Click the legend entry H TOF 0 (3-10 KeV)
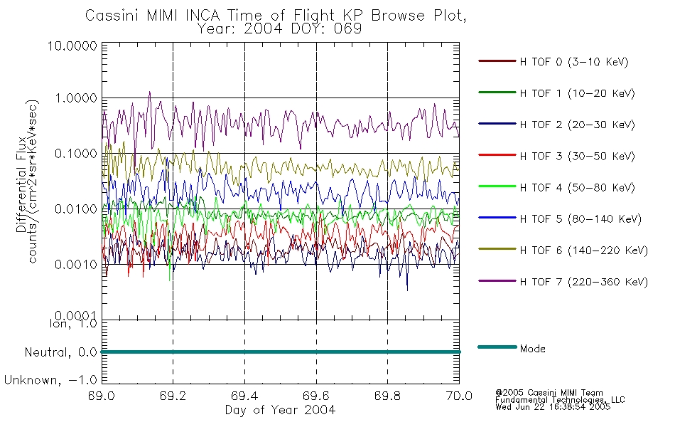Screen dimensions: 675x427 pos(574,62)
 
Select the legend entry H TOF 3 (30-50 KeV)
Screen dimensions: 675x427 pos(577,156)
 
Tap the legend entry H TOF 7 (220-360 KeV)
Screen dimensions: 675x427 pos(584,282)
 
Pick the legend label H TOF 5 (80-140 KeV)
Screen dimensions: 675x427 pos(580,219)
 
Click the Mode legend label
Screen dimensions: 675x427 pos(532,349)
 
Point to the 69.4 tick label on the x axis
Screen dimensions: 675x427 pos(244,396)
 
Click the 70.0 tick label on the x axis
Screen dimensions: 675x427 pos(459,396)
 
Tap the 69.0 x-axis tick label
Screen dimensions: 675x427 pos(102,396)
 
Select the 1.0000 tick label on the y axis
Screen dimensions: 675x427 pos(76,98)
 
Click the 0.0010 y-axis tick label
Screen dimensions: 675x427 pos(76,265)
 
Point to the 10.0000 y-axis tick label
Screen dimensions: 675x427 pos(72,46)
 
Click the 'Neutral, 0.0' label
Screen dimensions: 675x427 pos(60,353)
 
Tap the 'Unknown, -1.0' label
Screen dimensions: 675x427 pos(50,381)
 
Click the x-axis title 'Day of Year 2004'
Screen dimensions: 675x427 pos(280,410)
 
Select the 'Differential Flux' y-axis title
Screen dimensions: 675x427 pos(21,185)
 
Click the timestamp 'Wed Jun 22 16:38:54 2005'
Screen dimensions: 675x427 pos(553,407)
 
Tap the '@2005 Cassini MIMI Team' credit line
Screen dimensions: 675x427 pos(549,393)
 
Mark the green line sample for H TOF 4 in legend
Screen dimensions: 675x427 pos(497,186)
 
